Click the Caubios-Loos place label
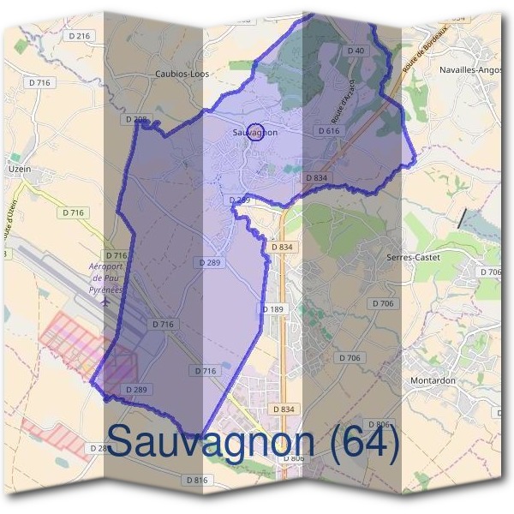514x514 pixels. pos(182,75)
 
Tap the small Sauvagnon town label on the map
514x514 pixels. pos(254,134)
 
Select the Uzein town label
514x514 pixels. pos(20,170)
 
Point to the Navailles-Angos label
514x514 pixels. pos(469,69)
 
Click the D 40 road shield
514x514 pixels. pos(356,51)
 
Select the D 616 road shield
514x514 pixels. pos(329,131)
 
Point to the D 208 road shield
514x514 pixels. pos(135,119)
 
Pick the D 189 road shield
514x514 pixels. pos(272,308)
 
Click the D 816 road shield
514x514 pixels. pos(196,480)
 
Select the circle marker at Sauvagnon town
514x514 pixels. pos(254,131)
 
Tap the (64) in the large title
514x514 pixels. pos(362,444)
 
